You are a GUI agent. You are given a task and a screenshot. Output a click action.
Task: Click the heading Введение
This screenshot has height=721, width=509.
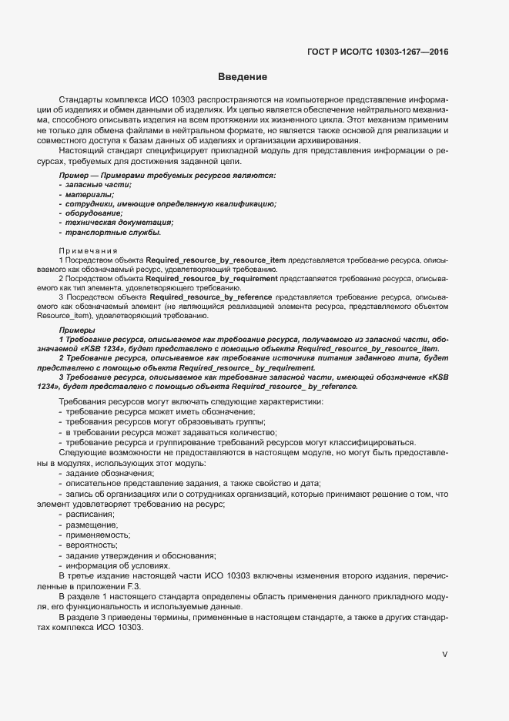243,77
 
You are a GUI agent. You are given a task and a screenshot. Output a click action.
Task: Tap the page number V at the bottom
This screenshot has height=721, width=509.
444,654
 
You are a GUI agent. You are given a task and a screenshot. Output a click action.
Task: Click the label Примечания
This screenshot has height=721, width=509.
88,251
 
